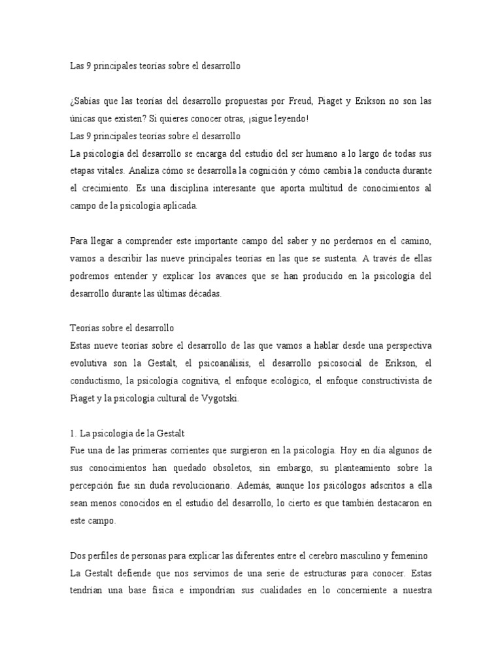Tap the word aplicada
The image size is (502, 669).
click(189, 205)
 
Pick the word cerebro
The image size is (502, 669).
click(323, 555)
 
